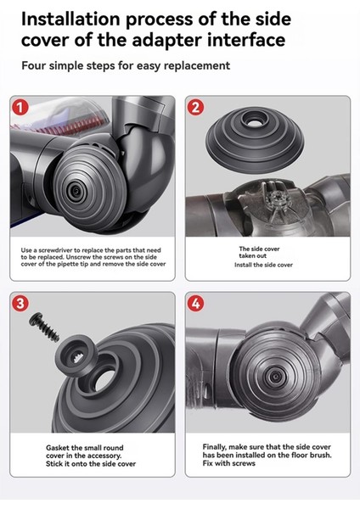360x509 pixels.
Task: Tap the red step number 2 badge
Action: (x=195, y=108)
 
